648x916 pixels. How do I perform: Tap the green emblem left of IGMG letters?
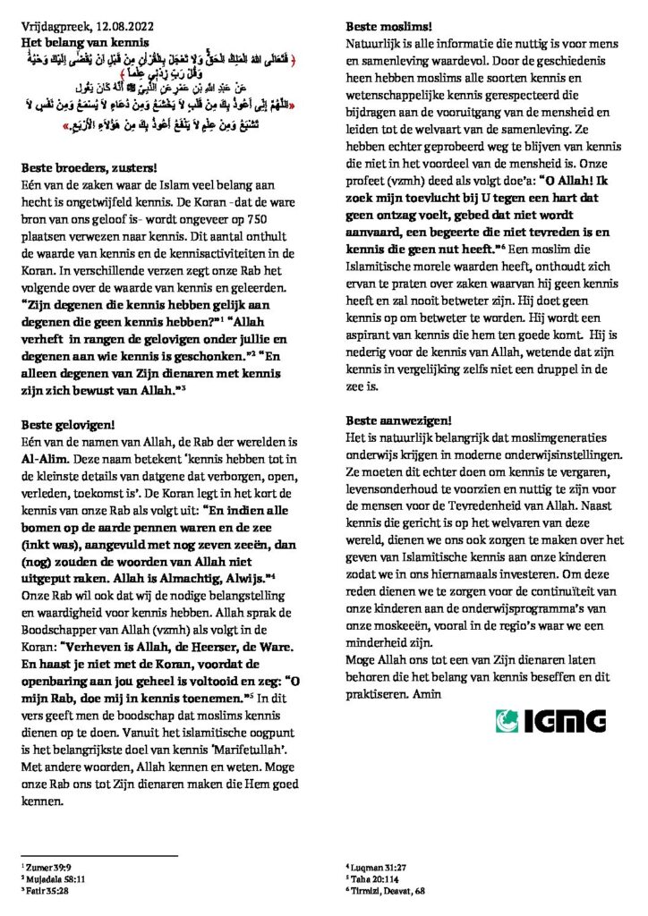[508, 720]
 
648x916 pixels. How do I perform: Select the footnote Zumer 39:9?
[44, 866]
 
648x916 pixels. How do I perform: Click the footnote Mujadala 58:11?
[49, 878]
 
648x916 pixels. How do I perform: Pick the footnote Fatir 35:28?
[44, 889]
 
